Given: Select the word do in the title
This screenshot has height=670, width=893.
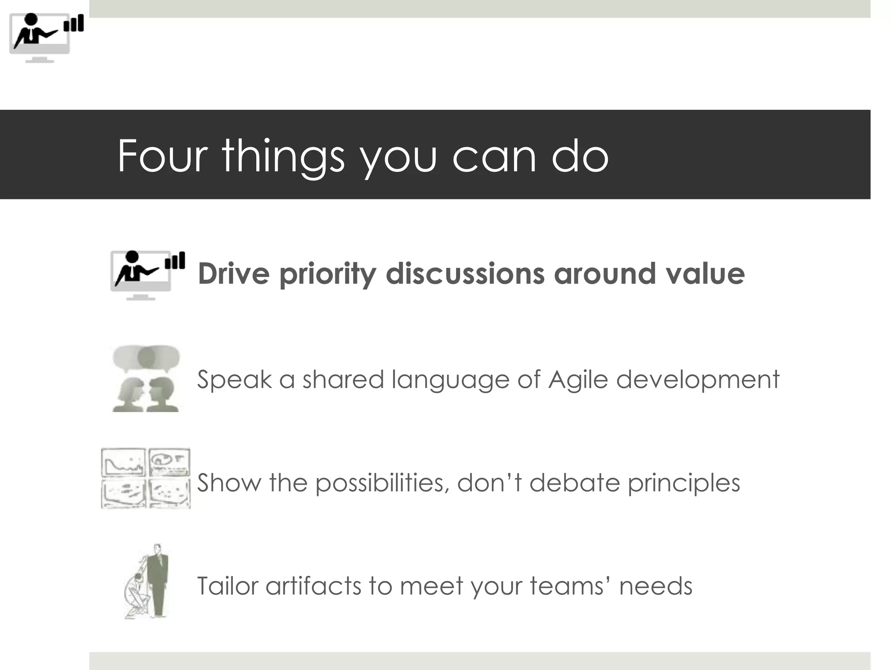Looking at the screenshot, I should pyautogui.click(x=579, y=156).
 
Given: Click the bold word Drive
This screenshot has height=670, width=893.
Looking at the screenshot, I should pyautogui.click(x=234, y=274).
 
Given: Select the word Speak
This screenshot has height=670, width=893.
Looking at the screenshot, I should pyautogui.click(x=234, y=379).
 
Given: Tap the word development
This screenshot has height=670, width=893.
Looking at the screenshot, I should pyautogui.click(x=698, y=379).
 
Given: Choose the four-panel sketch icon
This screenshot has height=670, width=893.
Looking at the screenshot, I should pyautogui.click(x=146, y=478).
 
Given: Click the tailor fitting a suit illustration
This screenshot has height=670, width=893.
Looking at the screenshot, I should pyautogui.click(x=147, y=581).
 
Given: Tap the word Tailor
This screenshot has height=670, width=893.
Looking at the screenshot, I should pyautogui.click(x=228, y=586).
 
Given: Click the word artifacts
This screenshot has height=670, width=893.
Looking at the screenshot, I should pyautogui.click(x=314, y=586).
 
